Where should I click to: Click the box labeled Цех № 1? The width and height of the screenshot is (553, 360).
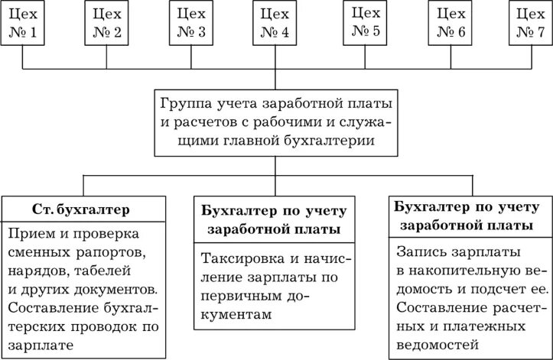[x=25, y=23]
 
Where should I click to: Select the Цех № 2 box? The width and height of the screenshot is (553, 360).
[x=106, y=23]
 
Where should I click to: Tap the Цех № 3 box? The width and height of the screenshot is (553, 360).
[x=190, y=23]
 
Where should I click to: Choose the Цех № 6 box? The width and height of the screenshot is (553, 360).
[x=448, y=23]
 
